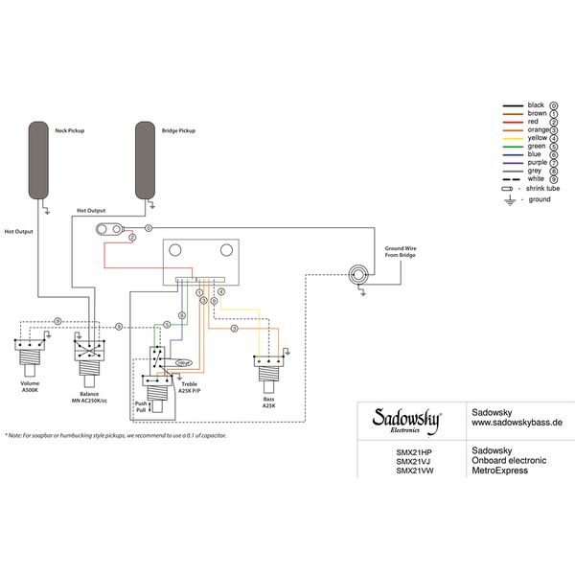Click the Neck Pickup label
70,130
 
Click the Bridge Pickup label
177,130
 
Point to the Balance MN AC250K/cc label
90,397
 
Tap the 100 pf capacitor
182,363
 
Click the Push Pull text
141,409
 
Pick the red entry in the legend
536,123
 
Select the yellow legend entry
536,138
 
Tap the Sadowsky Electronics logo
406,420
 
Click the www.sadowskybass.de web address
517,421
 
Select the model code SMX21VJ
414,460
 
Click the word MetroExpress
500,471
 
